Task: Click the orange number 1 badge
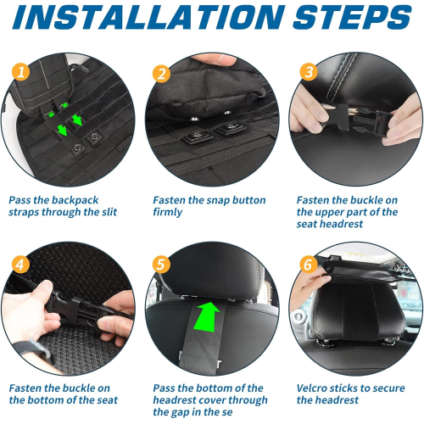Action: tap(20, 71)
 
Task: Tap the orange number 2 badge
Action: tap(161, 74)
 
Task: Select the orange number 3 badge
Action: tap(309, 71)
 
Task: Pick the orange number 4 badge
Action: tap(20, 265)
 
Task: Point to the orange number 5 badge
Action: tap(161, 265)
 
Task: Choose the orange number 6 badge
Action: tap(309, 265)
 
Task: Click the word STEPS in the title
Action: tap(352, 17)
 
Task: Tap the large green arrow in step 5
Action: tap(207, 316)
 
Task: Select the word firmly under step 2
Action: tap(168, 212)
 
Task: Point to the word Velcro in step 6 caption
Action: tap(313, 388)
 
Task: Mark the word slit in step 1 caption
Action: tap(109, 212)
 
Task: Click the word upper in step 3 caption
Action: tap(331, 213)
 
